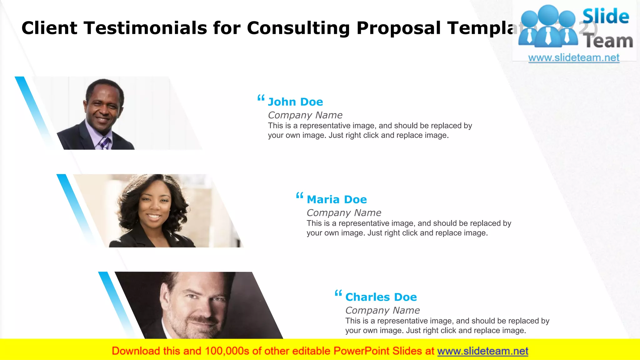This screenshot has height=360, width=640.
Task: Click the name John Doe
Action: click(x=295, y=102)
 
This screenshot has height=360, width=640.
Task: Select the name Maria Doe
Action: click(x=337, y=199)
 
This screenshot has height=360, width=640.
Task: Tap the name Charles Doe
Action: click(x=381, y=297)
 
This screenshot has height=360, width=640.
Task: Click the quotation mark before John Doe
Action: click(x=261, y=98)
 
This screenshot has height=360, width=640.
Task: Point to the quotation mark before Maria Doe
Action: click(x=300, y=196)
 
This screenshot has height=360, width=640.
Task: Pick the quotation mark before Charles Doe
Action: click(x=338, y=293)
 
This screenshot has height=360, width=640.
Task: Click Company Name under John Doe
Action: click(x=305, y=115)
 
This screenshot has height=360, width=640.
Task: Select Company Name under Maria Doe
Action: click(x=344, y=213)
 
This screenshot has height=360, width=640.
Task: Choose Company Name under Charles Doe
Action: click(x=382, y=310)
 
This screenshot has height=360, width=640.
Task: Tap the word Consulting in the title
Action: click(x=298, y=28)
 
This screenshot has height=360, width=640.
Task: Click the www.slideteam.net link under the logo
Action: click(x=574, y=57)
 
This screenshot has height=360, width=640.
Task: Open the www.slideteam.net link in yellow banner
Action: click(x=482, y=351)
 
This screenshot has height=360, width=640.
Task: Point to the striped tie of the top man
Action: click(x=104, y=143)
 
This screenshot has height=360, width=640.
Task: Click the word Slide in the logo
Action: click(x=606, y=16)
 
